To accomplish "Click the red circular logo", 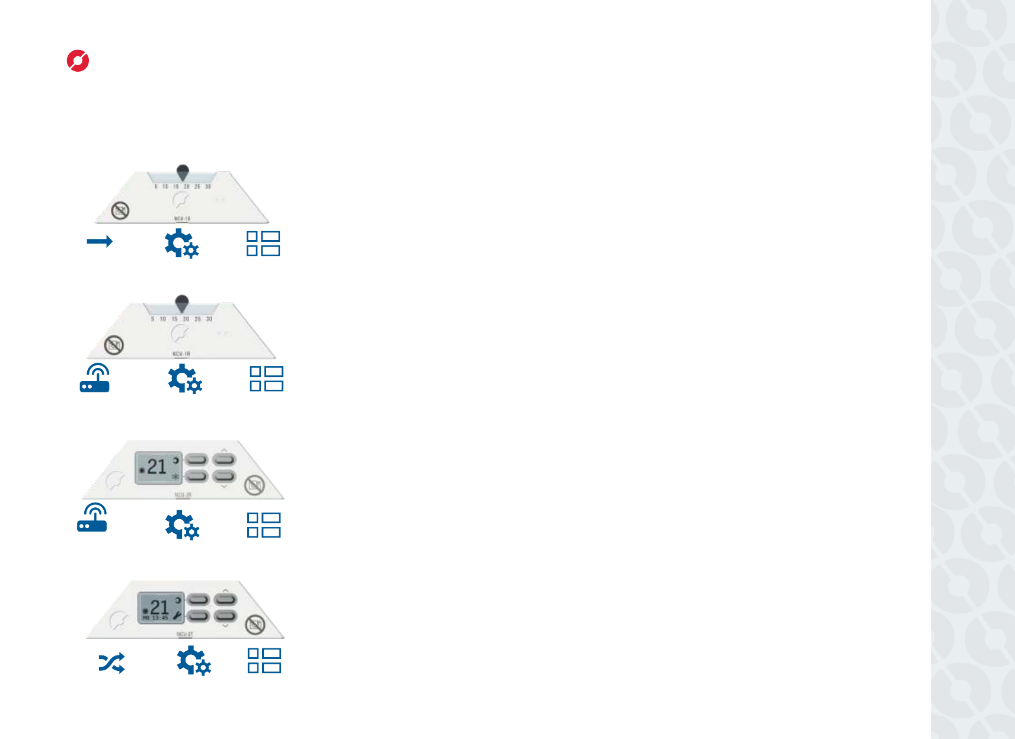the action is [x=78, y=61].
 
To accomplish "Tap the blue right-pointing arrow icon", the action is [x=99, y=241].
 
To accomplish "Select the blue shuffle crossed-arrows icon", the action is [x=111, y=663].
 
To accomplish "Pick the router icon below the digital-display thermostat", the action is [x=92, y=518].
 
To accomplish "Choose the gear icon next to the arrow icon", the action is [x=181, y=244].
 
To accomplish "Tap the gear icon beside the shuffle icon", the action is [x=193, y=661].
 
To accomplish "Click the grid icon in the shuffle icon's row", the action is [x=264, y=661].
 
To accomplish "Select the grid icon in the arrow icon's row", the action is [x=263, y=244].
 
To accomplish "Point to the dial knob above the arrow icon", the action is [x=183, y=172].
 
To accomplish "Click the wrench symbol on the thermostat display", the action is [x=177, y=616].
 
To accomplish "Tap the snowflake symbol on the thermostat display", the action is [x=175, y=476].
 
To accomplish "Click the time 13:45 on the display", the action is [x=160, y=618].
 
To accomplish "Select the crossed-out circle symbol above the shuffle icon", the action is [x=255, y=624].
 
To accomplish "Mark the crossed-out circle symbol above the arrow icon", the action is [x=120, y=210].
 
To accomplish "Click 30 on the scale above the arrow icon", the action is [x=208, y=187].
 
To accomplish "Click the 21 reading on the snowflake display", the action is [x=157, y=467].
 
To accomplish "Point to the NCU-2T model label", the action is [x=184, y=634].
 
